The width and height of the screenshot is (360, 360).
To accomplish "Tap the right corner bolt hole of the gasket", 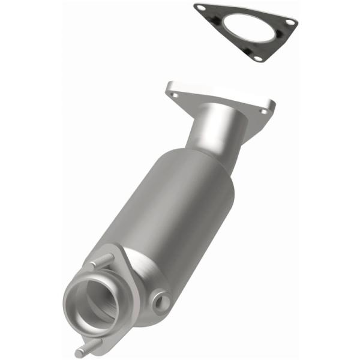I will click(x=290, y=22).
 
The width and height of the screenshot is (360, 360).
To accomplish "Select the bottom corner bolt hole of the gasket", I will click(x=258, y=58).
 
